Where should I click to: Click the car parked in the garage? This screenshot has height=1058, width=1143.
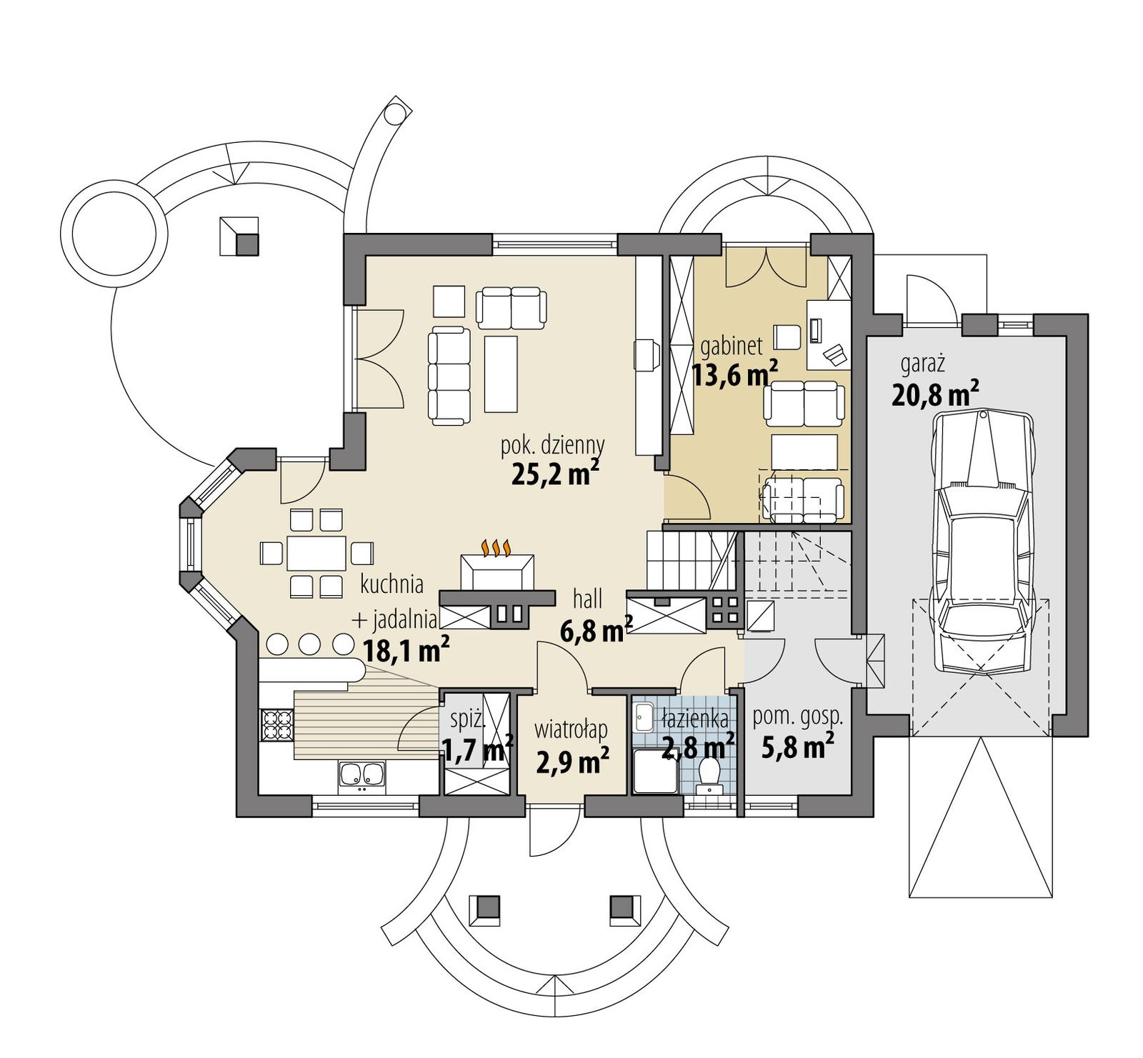point(984,543)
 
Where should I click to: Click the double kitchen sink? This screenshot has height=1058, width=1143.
point(361,777)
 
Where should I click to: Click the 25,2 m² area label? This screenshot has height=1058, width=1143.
point(554,474)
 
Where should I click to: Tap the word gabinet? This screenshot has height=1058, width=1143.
point(731,346)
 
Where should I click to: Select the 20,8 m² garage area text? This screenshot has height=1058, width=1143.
point(934,394)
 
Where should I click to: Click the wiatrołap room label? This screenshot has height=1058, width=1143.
point(571,729)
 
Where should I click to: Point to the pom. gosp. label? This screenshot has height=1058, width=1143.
point(797,717)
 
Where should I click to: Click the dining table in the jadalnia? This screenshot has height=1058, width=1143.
point(316,553)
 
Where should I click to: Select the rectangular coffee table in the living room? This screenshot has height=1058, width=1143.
point(500,374)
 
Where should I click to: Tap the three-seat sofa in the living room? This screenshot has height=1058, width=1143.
point(449,375)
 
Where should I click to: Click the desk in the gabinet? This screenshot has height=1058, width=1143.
point(828,334)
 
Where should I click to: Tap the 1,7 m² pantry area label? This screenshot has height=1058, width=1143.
point(477,749)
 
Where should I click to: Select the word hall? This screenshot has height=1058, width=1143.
point(587,599)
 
